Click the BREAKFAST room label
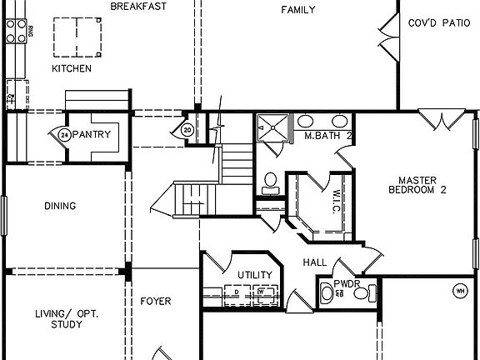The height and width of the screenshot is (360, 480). pyautogui.click(x=139, y=7)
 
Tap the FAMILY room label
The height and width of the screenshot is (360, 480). pyautogui.click(x=297, y=10)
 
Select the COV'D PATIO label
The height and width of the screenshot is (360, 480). pyautogui.click(x=439, y=23)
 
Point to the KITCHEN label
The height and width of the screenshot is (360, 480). pyautogui.click(x=72, y=68)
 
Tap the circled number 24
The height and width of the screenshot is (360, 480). pyautogui.click(x=64, y=134)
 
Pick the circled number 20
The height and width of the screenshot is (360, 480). pyautogui.click(x=187, y=129)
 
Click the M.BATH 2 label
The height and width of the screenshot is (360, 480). pyautogui.click(x=328, y=135)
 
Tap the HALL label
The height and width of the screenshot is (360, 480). pyautogui.click(x=315, y=262)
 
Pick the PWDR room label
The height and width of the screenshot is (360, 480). pyautogui.click(x=346, y=283)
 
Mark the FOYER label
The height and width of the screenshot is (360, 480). pyautogui.click(x=155, y=301)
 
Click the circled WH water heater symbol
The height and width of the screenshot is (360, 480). pyautogui.click(x=459, y=291)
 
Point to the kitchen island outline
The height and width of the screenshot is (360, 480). pyautogui.click(x=77, y=37)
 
